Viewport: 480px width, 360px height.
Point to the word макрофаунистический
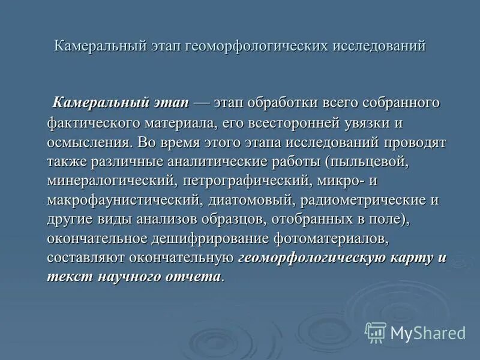[124, 200]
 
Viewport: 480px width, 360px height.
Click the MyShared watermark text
[428, 332]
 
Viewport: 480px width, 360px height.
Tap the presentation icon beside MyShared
[376, 332]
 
